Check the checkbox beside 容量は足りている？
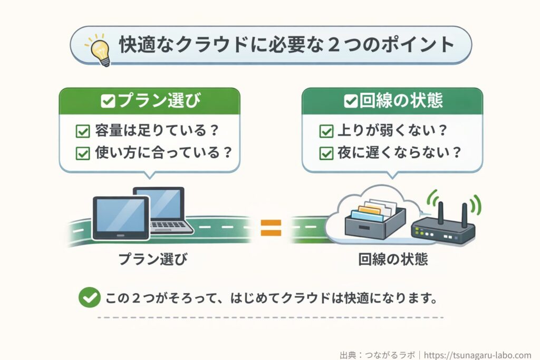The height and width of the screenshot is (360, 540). pyautogui.click(x=83, y=131)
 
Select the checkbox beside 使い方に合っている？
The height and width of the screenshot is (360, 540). pyautogui.click(x=83, y=153)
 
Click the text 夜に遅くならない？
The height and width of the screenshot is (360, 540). pyautogui.click(x=399, y=153)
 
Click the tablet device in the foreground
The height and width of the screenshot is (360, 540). pyautogui.click(x=121, y=218)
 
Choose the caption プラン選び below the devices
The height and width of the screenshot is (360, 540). pyautogui.click(x=152, y=259)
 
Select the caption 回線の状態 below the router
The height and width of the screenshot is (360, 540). pyautogui.click(x=393, y=259)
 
